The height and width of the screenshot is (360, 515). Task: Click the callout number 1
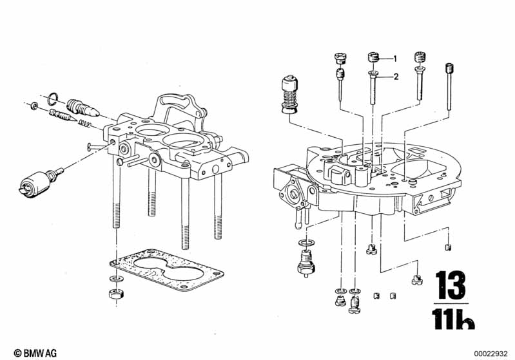click(x=394, y=59)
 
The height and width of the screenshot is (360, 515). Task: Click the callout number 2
click(x=396, y=77)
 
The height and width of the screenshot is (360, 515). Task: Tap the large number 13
click(x=451, y=285)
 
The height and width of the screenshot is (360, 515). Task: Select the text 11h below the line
click(x=453, y=319)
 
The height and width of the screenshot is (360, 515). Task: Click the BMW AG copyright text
click(x=35, y=353)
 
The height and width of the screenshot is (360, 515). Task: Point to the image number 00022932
click(x=491, y=354)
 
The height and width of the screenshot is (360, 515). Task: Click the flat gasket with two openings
click(x=166, y=270)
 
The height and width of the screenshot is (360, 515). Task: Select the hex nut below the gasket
click(x=116, y=293)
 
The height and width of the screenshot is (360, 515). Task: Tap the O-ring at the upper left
click(x=53, y=98)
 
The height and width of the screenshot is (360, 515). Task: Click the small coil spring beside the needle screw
click(x=84, y=123)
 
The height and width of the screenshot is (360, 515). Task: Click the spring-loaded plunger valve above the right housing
click(x=289, y=95)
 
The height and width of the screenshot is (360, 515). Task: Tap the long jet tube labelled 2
click(x=373, y=87)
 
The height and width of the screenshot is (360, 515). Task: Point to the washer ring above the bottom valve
click(x=306, y=243)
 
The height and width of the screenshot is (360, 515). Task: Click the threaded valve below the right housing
click(x=306, y=263)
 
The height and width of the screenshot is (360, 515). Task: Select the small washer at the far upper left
click(x=34, y=106)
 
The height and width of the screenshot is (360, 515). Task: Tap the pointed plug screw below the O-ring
click(x=83, y=108)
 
